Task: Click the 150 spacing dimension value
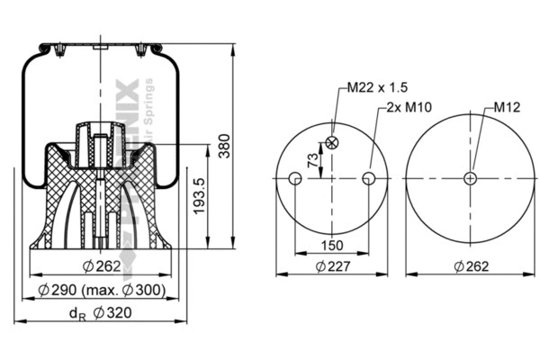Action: pos(331,246)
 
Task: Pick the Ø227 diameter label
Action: pos(331,265)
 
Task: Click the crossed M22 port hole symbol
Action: pos(332,142)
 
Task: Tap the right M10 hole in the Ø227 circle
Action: pos(368,179)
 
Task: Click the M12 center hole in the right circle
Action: pos(469,179)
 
